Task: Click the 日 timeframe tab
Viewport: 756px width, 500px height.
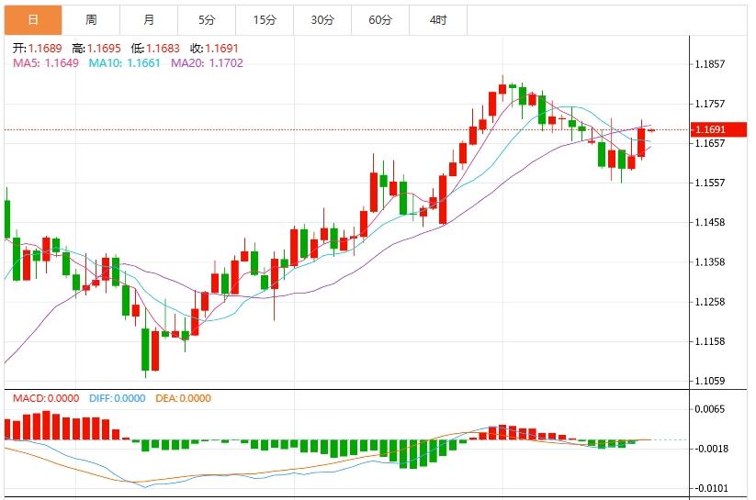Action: [33, 19]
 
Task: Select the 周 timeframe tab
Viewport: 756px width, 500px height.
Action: [91, 19]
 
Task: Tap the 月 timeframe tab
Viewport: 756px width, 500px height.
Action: [149, 19]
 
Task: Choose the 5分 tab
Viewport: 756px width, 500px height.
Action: [207, 19]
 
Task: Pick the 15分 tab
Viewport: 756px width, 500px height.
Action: [265, 19]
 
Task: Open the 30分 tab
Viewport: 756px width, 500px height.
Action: [322, 19]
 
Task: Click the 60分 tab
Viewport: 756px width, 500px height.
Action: [380, 19]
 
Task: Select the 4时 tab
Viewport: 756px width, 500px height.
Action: [438, 19]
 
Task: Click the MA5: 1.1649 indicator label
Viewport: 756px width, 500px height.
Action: [44, 62]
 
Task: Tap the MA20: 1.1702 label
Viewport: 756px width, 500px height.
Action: [207, 62]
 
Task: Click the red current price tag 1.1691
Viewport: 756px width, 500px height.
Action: [720, 130]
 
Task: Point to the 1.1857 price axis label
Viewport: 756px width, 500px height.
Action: [712, 64]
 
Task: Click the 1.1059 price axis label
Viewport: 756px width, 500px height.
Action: [712, 380]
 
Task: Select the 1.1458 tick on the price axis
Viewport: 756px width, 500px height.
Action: [712, 222]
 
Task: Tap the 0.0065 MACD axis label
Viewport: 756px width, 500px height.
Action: [710, 409]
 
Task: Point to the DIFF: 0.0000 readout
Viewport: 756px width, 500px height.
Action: [118, 398]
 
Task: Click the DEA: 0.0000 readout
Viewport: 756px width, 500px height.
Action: [183, 398]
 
